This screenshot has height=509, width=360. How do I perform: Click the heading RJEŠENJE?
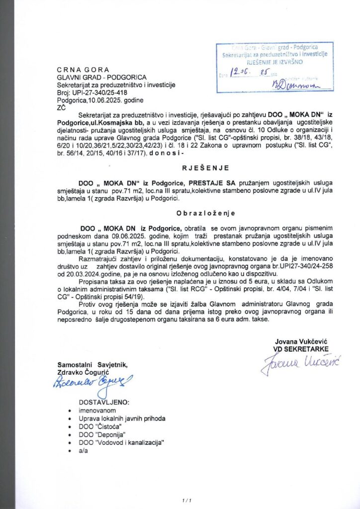180,182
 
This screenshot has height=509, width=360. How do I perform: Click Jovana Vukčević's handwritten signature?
298,366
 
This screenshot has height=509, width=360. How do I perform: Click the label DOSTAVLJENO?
104,402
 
